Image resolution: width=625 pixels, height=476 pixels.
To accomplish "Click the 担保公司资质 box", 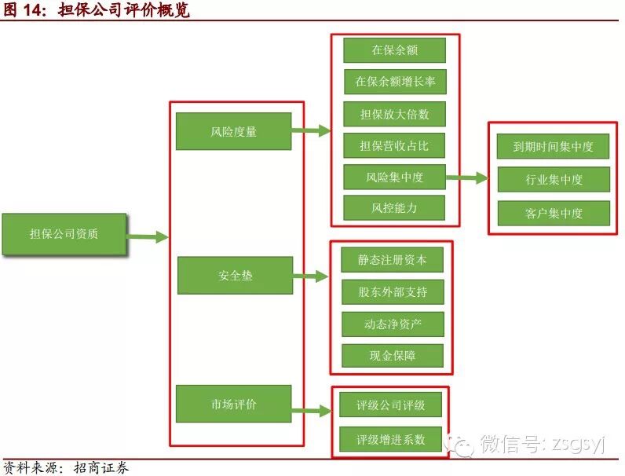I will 64,234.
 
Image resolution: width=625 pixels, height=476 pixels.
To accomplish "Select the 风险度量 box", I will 234,131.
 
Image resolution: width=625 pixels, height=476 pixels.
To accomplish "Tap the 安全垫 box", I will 235,276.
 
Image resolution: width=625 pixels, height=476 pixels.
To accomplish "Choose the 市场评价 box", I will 234,405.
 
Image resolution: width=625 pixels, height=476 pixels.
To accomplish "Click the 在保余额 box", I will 394,50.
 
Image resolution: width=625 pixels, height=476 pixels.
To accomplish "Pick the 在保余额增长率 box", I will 394,82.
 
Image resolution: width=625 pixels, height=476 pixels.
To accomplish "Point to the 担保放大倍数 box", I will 394,113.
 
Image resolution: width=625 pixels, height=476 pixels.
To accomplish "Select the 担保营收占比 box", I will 394,145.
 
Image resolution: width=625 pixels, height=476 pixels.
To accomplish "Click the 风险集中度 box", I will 394,177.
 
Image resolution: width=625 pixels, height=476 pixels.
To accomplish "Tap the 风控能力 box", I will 394,208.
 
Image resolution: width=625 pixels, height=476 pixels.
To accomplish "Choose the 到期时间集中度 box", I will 553,146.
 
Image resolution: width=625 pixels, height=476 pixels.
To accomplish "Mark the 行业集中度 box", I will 553,179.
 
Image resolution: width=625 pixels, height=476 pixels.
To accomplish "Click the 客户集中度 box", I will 553,213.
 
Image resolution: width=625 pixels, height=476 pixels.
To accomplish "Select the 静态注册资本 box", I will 393,259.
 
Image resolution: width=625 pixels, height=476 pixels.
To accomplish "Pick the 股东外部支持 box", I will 393,291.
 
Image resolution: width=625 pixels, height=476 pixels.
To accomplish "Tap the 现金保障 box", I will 393,356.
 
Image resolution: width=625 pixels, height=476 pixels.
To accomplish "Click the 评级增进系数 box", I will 390,439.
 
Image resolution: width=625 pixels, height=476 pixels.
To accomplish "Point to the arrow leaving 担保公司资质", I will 148,236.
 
